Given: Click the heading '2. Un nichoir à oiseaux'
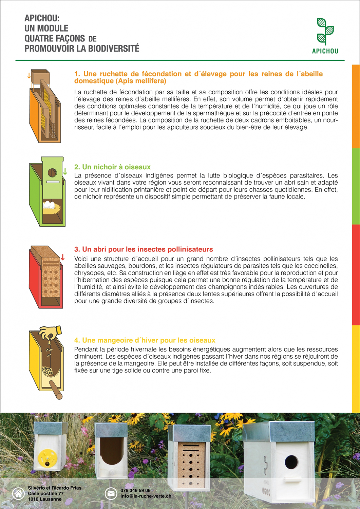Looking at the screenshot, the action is [x=112, y=167].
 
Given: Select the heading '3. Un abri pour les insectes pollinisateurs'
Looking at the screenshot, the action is [x=144, y=249].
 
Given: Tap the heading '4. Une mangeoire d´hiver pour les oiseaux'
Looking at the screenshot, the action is [x=145, y=340].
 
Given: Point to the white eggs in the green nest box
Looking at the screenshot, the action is [x=49, y=205].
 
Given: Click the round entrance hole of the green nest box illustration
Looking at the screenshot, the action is [x=52, y=173].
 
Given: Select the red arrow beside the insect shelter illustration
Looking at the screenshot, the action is [x=63, y=257].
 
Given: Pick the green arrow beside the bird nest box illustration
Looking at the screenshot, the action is [x=65, y=171].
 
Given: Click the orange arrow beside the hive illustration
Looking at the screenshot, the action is [x=29, y=75].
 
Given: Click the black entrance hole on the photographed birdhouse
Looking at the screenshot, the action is [x=291, y=462].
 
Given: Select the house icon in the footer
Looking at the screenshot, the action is [x=18, y=493].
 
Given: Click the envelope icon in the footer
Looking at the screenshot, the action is [x=111, y=493].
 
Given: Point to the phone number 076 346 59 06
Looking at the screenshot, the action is [x=135, y=490].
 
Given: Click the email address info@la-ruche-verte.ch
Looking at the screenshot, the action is [x=146, y=496].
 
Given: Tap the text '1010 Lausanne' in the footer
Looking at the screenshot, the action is [x=45, y=499].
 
